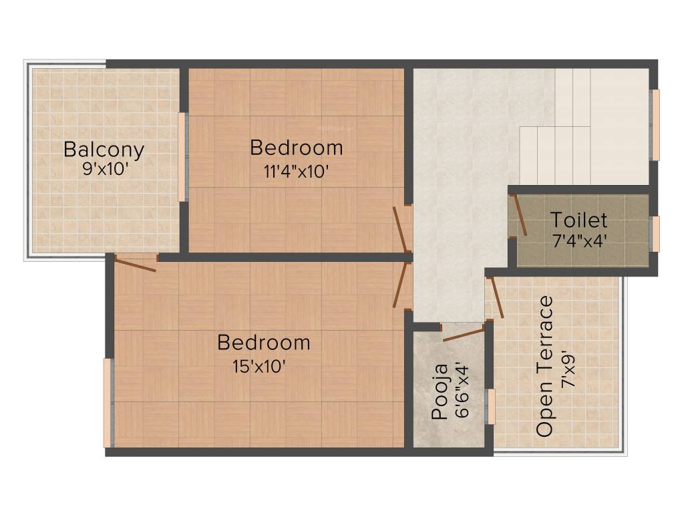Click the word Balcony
(104, 149)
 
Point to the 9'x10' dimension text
(105, 169)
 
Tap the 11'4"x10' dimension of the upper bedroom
(296, 171)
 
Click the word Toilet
(578, 220)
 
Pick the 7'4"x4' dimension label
(578, 240)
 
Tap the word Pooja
(440, 401)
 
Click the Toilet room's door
(519, 214)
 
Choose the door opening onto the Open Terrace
(497, 297)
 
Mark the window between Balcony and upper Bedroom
(182, 157)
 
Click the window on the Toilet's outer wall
(656, 234)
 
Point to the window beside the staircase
(656, 126)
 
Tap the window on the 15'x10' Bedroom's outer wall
(107, 403)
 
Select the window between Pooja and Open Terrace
(491, 407)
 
